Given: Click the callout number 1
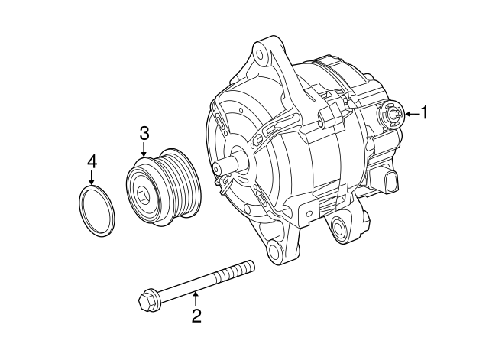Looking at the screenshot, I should click(x=426, y=113).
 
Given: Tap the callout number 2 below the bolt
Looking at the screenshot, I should click(x=196, y=316).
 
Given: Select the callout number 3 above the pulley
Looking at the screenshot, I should click(x=144, y=133).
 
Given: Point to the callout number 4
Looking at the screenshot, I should click(x=92, y=161).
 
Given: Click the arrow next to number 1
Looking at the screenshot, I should click(x=411, y=114).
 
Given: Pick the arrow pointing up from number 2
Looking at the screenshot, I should click(x=196, y=298).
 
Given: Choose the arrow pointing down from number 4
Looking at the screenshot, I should click(x=92, y=179).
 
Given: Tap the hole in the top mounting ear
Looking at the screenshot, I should click(x=261, y=53).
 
